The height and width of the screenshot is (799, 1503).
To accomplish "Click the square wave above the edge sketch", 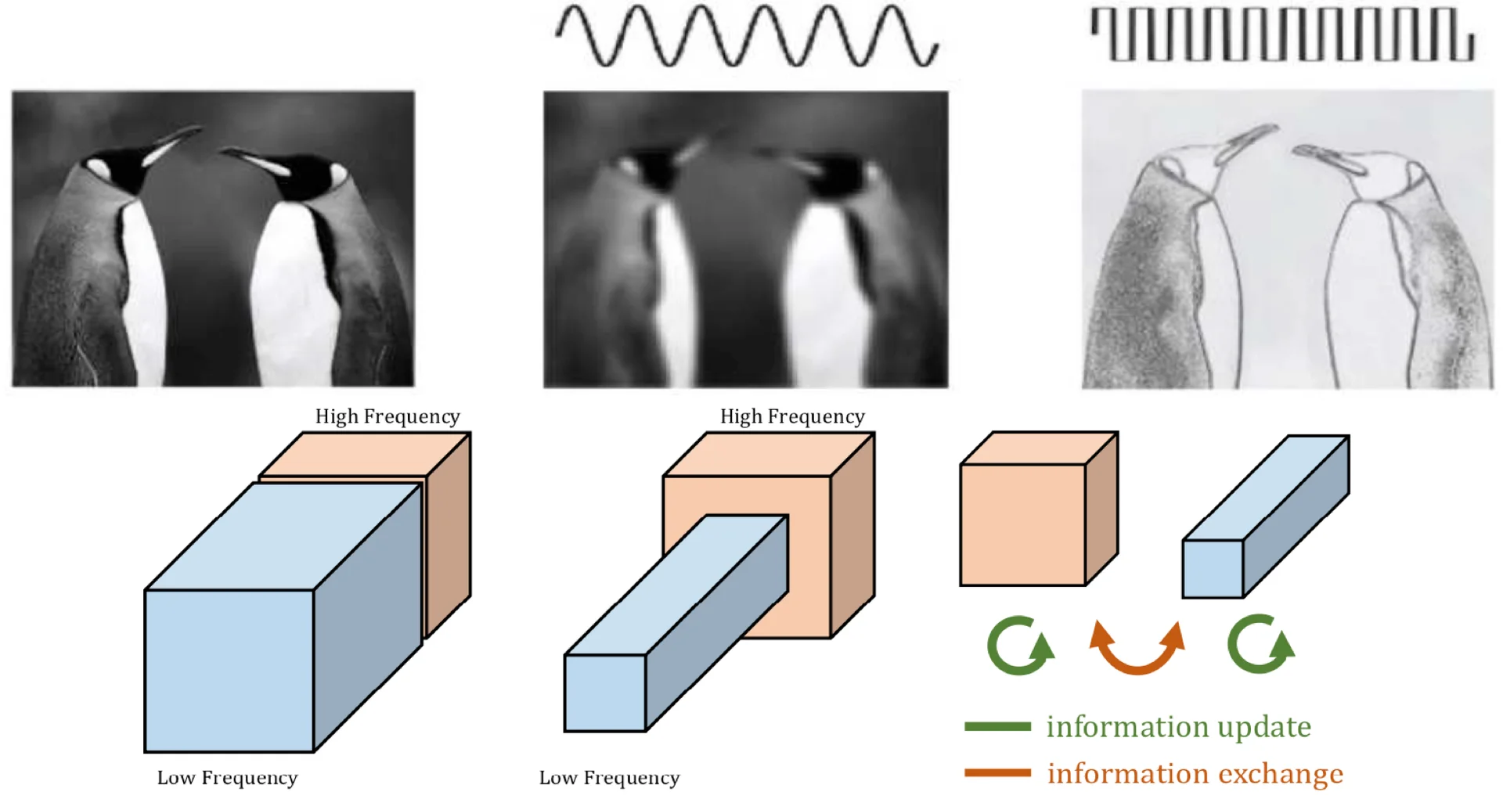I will point(1281,34).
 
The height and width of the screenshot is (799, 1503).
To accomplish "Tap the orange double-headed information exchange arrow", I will point(1137,649).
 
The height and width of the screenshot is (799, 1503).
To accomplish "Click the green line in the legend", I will point(997,726).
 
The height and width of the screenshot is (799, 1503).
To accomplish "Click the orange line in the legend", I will point(997,773).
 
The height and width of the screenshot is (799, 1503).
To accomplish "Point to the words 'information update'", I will point(1178,727).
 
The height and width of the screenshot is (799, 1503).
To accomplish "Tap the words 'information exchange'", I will point(1195,774).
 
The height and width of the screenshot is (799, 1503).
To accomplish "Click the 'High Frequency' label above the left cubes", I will point(387,416).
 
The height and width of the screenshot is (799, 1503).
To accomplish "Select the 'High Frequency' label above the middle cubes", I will point(792,416).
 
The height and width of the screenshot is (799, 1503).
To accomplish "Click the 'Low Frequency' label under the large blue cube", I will point(227,778).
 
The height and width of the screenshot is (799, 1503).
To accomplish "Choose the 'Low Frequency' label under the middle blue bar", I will point(609,778).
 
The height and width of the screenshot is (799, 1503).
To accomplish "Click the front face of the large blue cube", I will point(229,671).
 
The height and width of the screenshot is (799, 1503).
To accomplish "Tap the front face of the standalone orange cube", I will point(1022,524).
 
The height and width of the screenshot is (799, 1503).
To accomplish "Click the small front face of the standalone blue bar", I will point(1213,569).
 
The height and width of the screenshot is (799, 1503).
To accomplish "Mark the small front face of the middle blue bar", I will point(604,693).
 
